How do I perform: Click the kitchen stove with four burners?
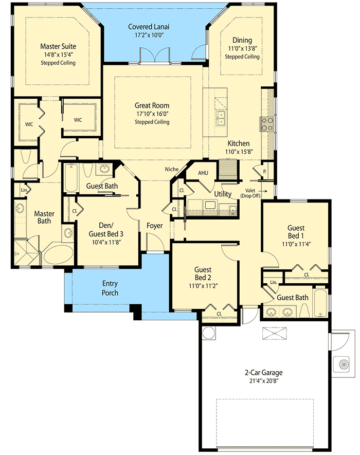pos(267,123)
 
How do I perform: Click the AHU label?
pos(203,173)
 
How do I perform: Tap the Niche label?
pos(171,169)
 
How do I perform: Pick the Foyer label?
pos(155,225)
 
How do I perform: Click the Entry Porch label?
pos(110,288)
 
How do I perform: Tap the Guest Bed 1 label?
pos(295,232)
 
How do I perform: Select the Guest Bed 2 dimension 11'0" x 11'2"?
pos(205,286)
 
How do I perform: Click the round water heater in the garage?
pos(209,333)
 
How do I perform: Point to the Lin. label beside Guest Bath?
pos(273,282)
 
